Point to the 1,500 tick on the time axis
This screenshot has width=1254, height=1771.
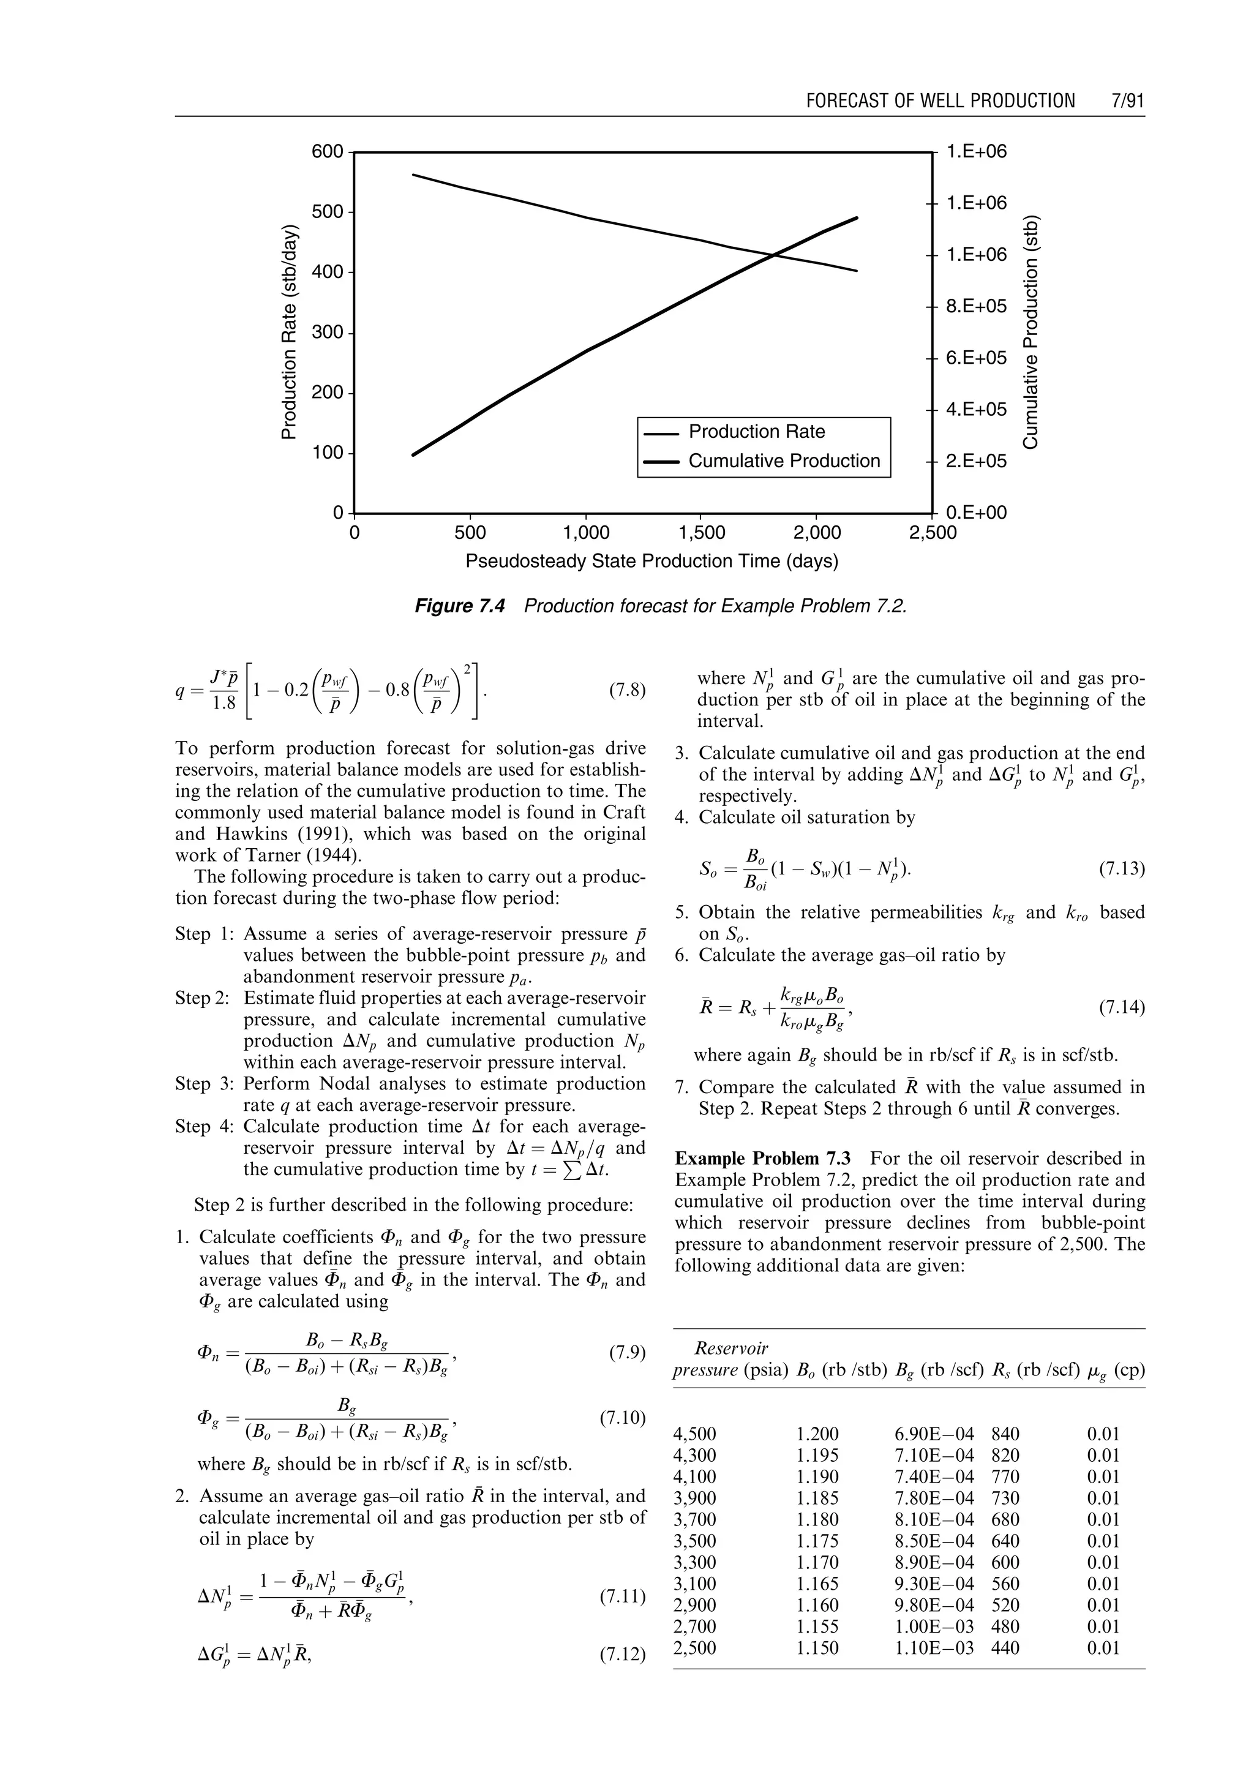701,533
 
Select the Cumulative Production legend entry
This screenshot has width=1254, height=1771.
783,461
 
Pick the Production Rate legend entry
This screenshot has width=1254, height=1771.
756,432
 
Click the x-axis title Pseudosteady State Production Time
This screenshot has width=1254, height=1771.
651,562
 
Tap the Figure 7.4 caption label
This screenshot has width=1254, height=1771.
459,606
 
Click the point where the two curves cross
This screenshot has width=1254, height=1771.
774,255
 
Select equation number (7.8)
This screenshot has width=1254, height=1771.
626,690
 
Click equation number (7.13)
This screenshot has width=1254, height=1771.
1122,870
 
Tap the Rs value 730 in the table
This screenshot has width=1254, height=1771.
1005,1498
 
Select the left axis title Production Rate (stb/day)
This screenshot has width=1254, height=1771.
289,332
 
